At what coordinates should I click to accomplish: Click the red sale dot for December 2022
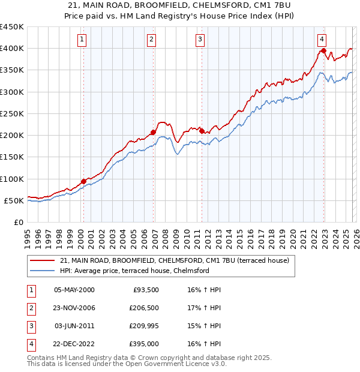(324, 51)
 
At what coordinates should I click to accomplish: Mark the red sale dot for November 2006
(154, 133)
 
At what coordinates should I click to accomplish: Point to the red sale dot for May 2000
(83, 181)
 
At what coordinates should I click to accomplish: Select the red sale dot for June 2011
(202, 131)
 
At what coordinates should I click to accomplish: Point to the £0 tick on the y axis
(19, 222)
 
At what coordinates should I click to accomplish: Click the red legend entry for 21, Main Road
(175, 260)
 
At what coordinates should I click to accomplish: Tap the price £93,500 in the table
(146, 290)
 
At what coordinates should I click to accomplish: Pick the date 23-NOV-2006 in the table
(74, 308)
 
